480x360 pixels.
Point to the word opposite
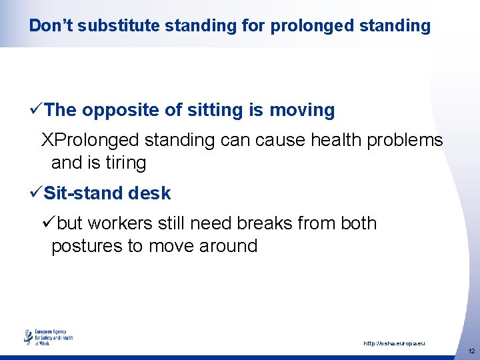(119, 110)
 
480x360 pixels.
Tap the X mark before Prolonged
(47, 141)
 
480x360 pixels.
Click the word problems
(409, 141)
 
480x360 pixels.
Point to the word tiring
(125, 163)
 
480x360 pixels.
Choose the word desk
(151, 193)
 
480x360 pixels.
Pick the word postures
(87, 246)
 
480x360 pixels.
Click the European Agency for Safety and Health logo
(49, 337)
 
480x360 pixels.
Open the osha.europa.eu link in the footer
(393, 343)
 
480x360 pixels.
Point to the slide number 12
(471, 351)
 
